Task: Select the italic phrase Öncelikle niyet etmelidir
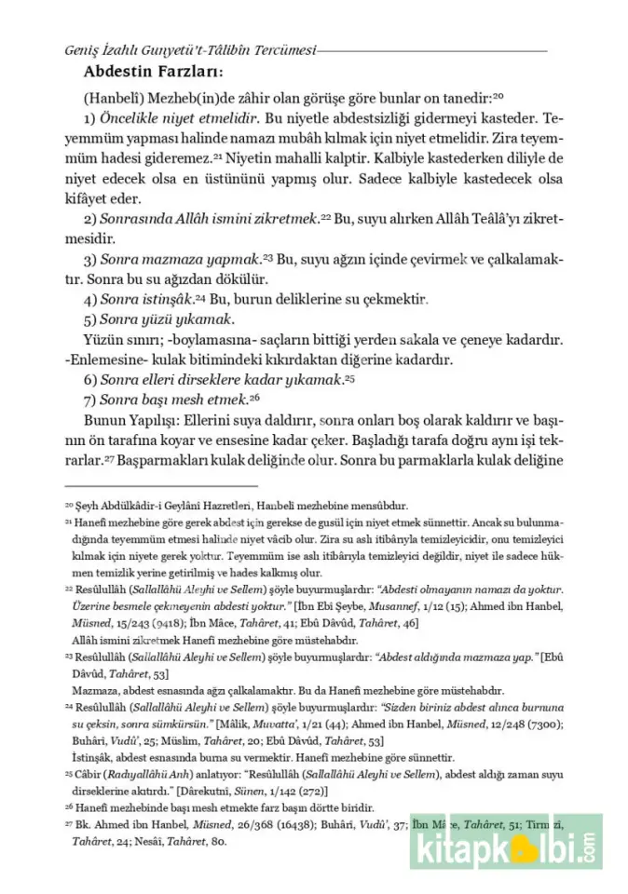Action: pos(175,119)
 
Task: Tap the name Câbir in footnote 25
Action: pos(92,773)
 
